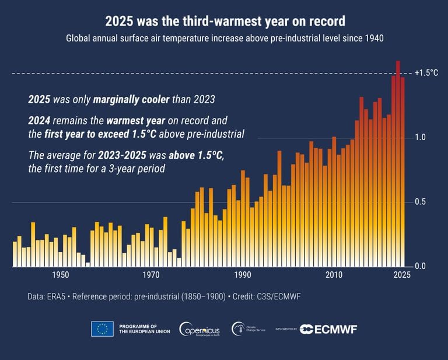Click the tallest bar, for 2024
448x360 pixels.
398,163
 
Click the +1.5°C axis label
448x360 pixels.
425,73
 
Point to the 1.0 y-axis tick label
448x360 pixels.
421,138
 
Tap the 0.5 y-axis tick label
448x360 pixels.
421,202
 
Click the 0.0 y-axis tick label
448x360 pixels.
421,267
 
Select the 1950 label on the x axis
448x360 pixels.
60,275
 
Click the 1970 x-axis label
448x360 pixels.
151,275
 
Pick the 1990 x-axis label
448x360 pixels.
242,275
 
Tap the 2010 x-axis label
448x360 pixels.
334,275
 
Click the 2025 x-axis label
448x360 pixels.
402,275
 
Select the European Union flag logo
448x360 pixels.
102,329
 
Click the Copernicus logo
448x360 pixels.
199,329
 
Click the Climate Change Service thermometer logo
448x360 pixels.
239,329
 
